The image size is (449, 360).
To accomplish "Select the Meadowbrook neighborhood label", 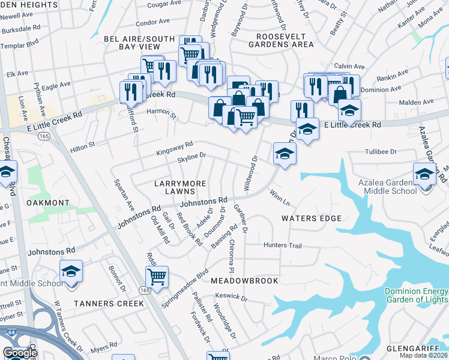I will [x=244, y=281].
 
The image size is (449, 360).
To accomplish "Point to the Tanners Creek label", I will [x=109, y=304].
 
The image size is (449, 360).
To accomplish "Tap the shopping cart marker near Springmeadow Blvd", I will [x=157, y=277].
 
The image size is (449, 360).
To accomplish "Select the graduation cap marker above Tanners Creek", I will [x=71, y=271].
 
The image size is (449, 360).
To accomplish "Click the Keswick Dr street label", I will [x=231, y=296].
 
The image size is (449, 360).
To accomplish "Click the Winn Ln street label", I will [x=280, y=196].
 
